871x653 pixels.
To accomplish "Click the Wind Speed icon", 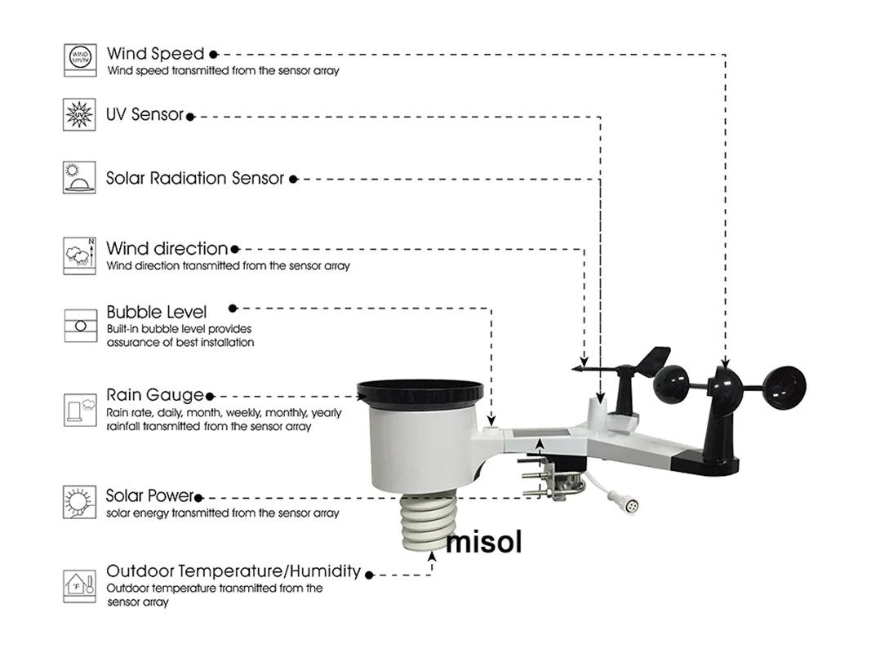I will click(80, 60).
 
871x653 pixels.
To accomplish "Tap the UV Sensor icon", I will click(80, 115).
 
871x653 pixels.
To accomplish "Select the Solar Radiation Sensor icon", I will click(79, 178).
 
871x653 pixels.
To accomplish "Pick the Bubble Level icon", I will click(80, 324).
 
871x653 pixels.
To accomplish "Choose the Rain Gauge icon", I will click(80, 410).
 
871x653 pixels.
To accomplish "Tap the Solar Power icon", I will click(80, 502).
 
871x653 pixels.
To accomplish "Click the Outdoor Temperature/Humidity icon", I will click(80, 586).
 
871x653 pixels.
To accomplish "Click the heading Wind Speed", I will click(155, 54).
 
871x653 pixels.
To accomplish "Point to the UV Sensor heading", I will click(144, 115).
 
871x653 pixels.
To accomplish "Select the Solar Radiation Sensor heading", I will click(195, 178).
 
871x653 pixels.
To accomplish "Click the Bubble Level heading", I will click(156, 312).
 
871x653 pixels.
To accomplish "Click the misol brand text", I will click(482, 541).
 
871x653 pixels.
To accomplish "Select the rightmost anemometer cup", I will click(784, 387).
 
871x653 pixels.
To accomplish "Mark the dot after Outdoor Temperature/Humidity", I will click(370, 575).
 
